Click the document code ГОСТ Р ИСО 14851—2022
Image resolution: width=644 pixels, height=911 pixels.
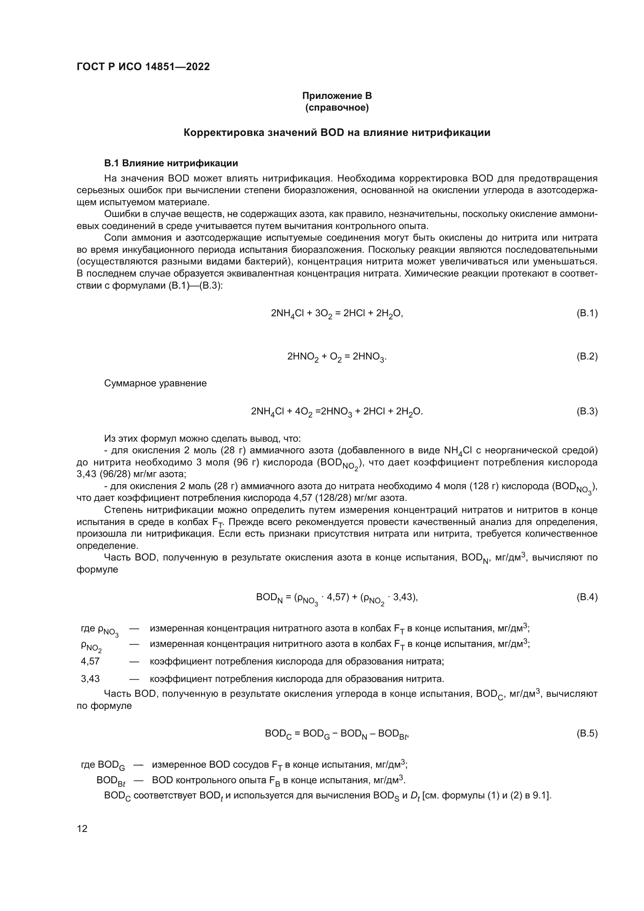pyautogui.click(x=143, y=67)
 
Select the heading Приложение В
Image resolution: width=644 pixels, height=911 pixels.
pyautogui.click(x=337, y=96)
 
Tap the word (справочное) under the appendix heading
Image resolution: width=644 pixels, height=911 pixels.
pyautogui.click(x=337, y=107)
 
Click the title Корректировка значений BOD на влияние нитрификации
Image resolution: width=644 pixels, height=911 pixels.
pyautogui.click(x=337, y=132)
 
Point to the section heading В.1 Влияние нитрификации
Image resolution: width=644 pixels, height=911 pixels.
pyautogui.click(x=171, y=163)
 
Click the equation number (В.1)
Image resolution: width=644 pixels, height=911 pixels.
pyautogui.click(x=586, y=314)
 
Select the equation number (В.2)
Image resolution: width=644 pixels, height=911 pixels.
pyautogui.click(x=586, y=356)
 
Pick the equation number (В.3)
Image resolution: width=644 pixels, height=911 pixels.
pyautogui.click(x=586, y=411)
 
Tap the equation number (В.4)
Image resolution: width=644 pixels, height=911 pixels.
pyautogui.click(x=586, y=597)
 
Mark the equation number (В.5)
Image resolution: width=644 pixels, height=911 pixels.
pyautogui.click(x=586, y=733)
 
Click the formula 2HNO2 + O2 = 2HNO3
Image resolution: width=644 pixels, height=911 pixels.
pyautogui.click(x=337, y=357)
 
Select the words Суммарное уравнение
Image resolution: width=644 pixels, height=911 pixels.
pyautogui.click(x=155, y=384)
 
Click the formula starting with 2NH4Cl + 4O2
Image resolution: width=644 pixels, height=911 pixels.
pyautogui.click(x=337, y=412)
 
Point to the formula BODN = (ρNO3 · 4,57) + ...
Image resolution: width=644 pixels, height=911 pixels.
pyautogui.click(x=337, y=598)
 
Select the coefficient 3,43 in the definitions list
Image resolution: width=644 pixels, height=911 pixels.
pyautogui.click(x=90, y=679)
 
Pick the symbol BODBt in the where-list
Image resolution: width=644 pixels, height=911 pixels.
pyautogui.click(x=111, y=781)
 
